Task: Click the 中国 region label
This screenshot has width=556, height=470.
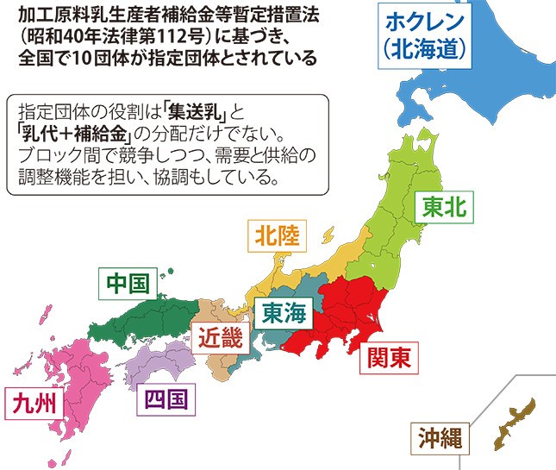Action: [x=127, y=284]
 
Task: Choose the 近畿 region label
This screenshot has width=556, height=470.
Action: [x=219, y=337]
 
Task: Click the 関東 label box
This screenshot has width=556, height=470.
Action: [x=387, y=355]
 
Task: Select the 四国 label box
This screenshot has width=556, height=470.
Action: [x=164, y=399]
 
